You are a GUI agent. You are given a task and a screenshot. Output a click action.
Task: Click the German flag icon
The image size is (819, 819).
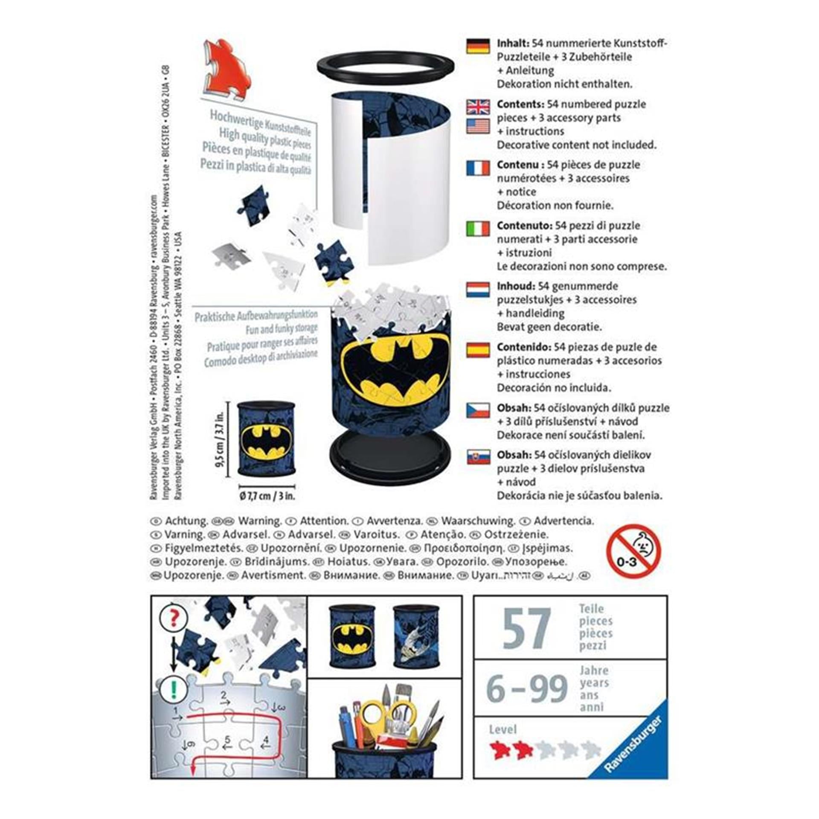tap(478, 46)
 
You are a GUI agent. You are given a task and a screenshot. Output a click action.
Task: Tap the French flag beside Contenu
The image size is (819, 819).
tap(478, 168)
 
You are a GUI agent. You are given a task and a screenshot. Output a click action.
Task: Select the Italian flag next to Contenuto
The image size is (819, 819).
tap(478, 229)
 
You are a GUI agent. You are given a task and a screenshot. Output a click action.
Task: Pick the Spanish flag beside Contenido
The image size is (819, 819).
tap(478, 350)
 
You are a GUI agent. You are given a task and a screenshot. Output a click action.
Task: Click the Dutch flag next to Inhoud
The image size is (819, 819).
tap(478, 290)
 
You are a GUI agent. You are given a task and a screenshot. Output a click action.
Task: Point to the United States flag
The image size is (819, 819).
tap(478, 126)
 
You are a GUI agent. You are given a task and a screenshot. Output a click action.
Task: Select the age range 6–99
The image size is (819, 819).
tap(527, 688)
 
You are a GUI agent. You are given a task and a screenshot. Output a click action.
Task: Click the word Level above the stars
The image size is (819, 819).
tap(503, 730)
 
